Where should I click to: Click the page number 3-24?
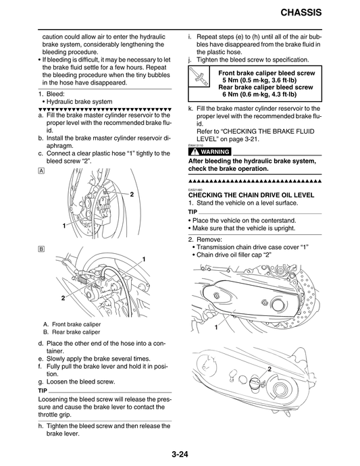180,453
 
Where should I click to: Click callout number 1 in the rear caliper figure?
144,259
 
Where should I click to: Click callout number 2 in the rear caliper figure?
63,298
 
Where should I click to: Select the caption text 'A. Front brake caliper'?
72,323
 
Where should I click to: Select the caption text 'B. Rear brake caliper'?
71,332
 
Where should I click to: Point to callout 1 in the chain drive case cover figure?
215,327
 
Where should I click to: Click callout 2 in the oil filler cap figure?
269,369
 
